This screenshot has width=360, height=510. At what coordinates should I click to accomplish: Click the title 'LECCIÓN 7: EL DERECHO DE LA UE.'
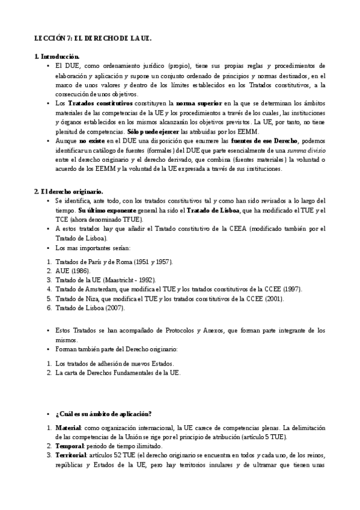coord(93,38)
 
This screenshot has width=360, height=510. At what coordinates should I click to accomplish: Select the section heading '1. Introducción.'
coord(57,57)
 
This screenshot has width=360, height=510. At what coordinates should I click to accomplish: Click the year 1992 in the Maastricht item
coord(145,280)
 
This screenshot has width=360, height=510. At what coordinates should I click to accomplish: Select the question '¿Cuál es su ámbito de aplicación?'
coord(103,413)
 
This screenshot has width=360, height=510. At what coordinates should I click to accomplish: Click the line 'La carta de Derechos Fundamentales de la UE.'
coord(117,373)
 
